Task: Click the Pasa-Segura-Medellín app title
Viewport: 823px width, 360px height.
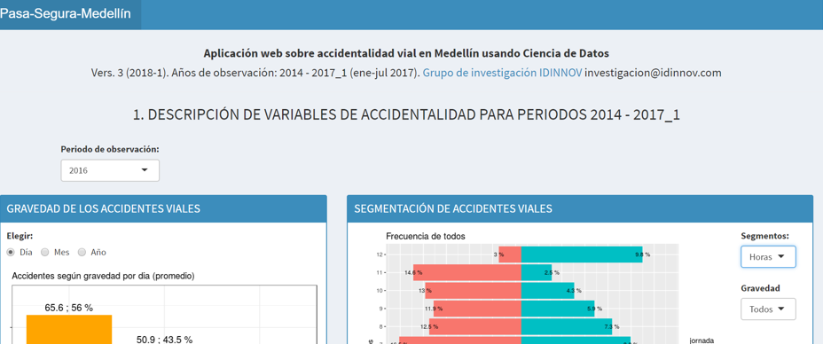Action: point(66,14)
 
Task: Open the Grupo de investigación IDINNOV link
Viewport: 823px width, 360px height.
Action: point(502,73)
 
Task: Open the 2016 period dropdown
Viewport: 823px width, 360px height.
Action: point(110,170)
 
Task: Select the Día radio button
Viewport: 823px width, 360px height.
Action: point(12,253)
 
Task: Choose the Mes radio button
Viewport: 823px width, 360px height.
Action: point(45,253)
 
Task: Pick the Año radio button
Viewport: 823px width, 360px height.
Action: point(82,253)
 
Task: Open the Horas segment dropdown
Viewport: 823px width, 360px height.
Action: point(767,257)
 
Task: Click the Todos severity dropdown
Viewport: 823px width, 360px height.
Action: point(767,309)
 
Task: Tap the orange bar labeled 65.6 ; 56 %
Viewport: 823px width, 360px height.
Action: point(69,330)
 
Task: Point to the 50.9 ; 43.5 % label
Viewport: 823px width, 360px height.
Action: point(164,340)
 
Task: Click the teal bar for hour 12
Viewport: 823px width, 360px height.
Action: point(581,254)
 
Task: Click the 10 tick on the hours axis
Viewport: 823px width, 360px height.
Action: point(380,291)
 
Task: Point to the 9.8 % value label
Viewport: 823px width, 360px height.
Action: point(643,254)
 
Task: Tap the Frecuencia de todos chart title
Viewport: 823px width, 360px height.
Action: point(426,236)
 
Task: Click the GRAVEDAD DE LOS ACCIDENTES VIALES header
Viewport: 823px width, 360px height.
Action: point(104,209)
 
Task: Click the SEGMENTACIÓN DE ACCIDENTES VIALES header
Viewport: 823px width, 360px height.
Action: point(453,209)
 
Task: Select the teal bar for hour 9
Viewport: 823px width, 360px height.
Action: point(560,309)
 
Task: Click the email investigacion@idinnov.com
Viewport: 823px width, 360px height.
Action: point(653,73)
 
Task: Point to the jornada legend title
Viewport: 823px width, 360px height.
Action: point(701,340)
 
